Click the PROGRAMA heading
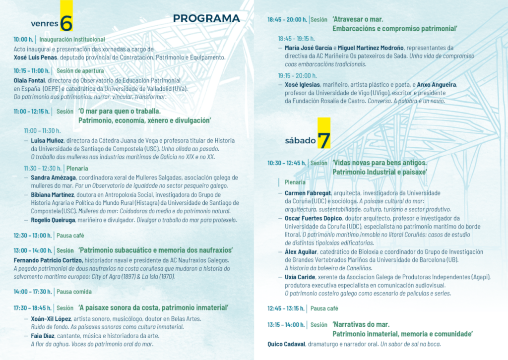click(206, 18)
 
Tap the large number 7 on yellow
click(323, 140)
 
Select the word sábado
click(300, 140)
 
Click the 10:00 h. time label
click(23, 39)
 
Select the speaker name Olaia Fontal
click(30, 80)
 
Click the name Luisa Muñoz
click(47, 140)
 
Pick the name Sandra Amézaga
click(53, 177)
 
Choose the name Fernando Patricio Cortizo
click(48, 260)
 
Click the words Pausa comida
click(74, 292)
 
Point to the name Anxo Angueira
click(437, 85)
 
